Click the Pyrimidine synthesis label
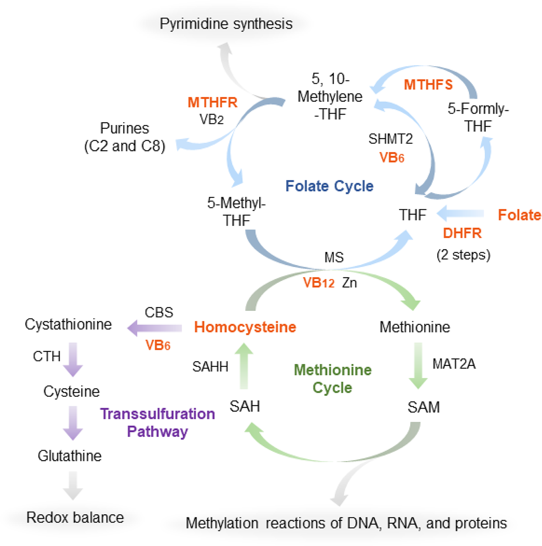pos(226,24)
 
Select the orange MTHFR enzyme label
pos(213,103)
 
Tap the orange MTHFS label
pos(428,85)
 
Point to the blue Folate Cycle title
pos(329,186)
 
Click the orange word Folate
pos(519,215)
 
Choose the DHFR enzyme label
pos(462,233)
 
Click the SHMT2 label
pos(391,139)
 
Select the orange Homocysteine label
pos(245,327)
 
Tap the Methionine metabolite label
pos(415,327)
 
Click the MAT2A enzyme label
pos(454,364)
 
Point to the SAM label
pos(424,407)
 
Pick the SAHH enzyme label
pos(210,367)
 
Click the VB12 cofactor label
pos(318,283)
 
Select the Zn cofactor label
pos(349,283)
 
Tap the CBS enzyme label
pos(159,312)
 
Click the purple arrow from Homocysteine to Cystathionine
pos(155,328)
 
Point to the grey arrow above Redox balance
pos(73,485)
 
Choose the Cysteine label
pos(72,391)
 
